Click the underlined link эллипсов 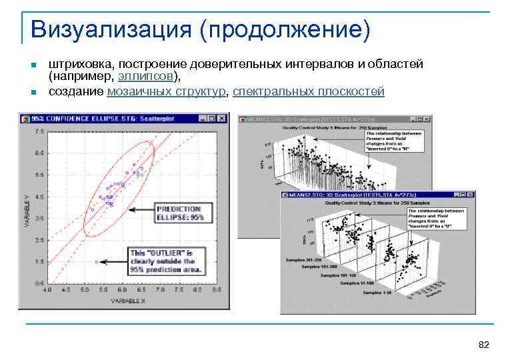(153, 77)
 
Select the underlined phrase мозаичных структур (167, 91)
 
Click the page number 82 (484, 345)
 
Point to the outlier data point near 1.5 (97, 262)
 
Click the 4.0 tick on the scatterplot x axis (47, 291)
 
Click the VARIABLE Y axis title (27, 211)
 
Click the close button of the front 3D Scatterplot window (471, 195)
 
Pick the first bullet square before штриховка (32, 65)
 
